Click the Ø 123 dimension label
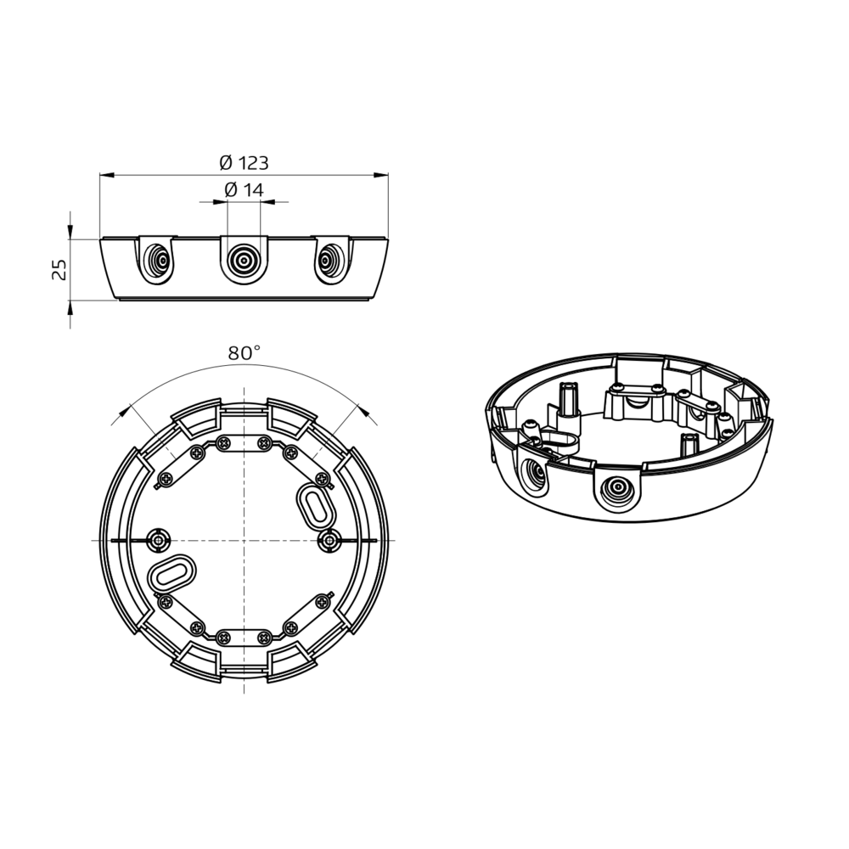pyautogui.click(x=244, y=162)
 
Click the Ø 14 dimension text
pyautogui.click(x=244, y=190)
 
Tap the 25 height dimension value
pyautogui.click(x=59, y=270)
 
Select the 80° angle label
pyautogui.click(x=244, y=353)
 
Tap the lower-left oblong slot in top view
pyautogui.click(x=171, y=574)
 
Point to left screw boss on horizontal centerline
pyautogui.click(x=158, y=539)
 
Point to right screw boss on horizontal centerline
pyautogui.click(x=329, y=539)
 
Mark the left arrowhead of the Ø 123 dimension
pyautogui.click(x=104, y=176)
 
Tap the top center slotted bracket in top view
pyautogui.click(x=244, y=443)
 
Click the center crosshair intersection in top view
pyautogui.click(x=244, y=540)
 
